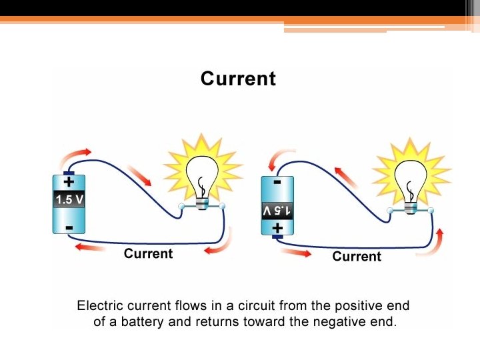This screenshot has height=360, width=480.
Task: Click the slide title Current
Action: pyautogui.click(x=238, y=79)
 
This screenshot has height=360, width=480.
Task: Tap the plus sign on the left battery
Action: pyautogui.click(x=69, y=181)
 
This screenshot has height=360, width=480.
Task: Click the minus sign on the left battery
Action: pyautogui.click(x=69, y=227)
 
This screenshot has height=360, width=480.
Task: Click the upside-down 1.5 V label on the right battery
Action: pyautogui.click(x=277, y=211)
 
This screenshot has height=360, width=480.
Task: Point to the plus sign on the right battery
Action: pyautogui.click(x=277, y=229)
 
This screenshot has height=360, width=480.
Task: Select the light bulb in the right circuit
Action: pyautogui.click(x=411, y=180)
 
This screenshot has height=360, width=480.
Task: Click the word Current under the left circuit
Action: pyautogui.click(x=148, y=253)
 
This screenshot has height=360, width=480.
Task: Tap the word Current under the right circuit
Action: pyautogui.click(x=357, y=257)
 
